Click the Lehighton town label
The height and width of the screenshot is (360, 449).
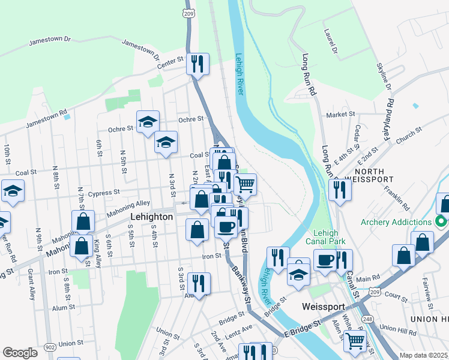[x=152, y=217]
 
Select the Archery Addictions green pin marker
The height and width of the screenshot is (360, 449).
[x=442, y=222]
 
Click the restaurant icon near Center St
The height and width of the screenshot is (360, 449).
[x=197, y=63]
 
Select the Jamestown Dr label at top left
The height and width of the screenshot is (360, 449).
[x=50, y=41]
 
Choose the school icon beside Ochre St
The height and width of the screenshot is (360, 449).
[x=148, y=122]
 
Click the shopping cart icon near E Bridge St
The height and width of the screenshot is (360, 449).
[x=355, y=340]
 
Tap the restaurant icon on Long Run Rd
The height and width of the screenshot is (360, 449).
[x=340, y=190]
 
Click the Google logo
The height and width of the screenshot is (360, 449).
[x=20, y=353]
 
